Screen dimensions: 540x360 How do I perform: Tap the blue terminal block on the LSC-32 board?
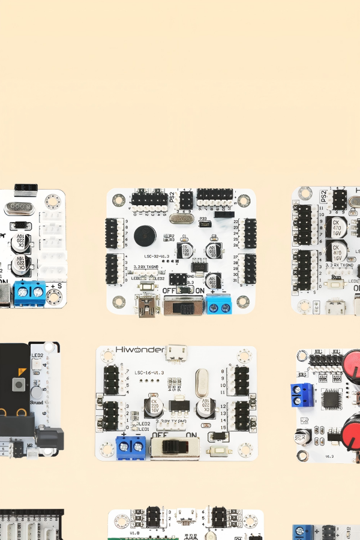(x=219, y=304)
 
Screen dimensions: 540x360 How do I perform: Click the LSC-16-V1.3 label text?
(x=150, y=373)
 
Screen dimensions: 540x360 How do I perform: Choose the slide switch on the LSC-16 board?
(x=175, y=447)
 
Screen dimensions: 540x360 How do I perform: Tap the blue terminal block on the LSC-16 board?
(x=131, y=445)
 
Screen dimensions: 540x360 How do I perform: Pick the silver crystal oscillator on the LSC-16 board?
(x=202, y=379)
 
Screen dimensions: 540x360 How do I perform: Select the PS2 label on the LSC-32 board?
(x=172, y=197)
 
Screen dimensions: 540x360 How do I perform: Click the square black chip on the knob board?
(x=331, y=400)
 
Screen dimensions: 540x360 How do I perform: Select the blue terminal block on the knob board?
(x=302, y=394)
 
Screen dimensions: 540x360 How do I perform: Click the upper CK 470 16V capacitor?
(x=336, y=227)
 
